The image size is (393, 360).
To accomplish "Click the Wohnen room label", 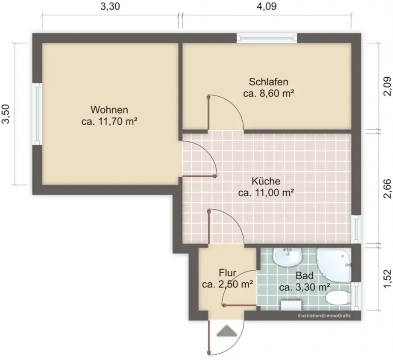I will pos(109,110).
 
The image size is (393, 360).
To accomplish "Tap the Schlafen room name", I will pos(269,81).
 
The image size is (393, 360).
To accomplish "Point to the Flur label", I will pos(228,272).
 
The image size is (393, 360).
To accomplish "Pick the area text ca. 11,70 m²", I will pos(109,122).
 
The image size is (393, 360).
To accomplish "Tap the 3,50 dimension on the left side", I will pos(6,115).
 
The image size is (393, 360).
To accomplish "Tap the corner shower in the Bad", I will pos(334,263).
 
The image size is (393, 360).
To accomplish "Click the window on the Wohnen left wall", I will pos(37,114).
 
